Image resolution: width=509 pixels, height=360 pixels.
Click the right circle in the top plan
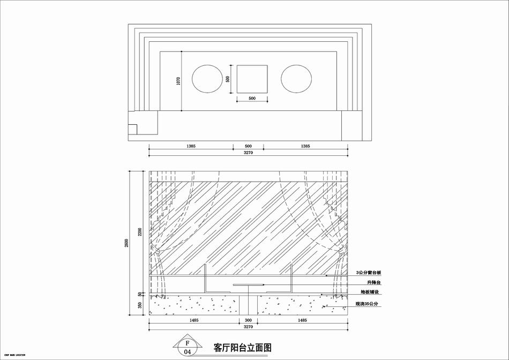[296, 79]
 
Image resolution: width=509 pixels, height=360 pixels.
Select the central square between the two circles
[252, 79]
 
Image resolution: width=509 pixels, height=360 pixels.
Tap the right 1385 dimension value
[305, 146]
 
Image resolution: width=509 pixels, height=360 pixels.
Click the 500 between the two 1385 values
[248, 146]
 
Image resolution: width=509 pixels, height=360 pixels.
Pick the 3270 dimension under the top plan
[248, 153]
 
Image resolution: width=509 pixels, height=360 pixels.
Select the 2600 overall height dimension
[126, 242]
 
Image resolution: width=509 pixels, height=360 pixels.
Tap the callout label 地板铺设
[370, 292]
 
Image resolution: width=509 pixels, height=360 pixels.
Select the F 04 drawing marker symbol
[187, 347]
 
